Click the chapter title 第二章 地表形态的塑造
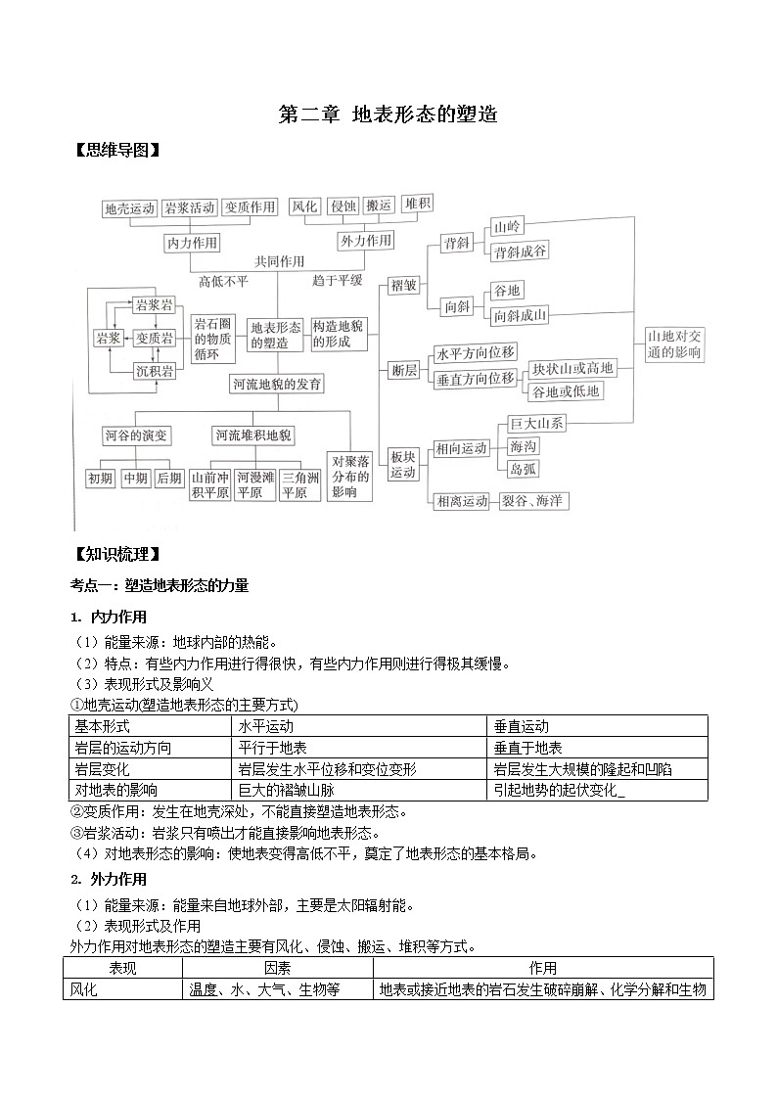[x=388, y=114]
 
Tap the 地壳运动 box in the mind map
[x=130, y=208]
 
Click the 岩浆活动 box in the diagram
[x=190, y=208]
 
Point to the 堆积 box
[x=417, y=205]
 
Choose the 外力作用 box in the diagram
[x=365, y=241]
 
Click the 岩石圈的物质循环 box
[x=212, y=340]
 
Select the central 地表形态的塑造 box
[x=276, y=335]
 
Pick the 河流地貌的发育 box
[x=276, y=384]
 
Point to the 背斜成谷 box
[x=521, y=252]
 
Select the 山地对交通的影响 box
[x=674, y=344]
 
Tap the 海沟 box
[x=524, y=446]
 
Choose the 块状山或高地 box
[x=572, y=369]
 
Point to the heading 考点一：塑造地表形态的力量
[x=160, y=585]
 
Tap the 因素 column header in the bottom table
[x=277, y=968]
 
